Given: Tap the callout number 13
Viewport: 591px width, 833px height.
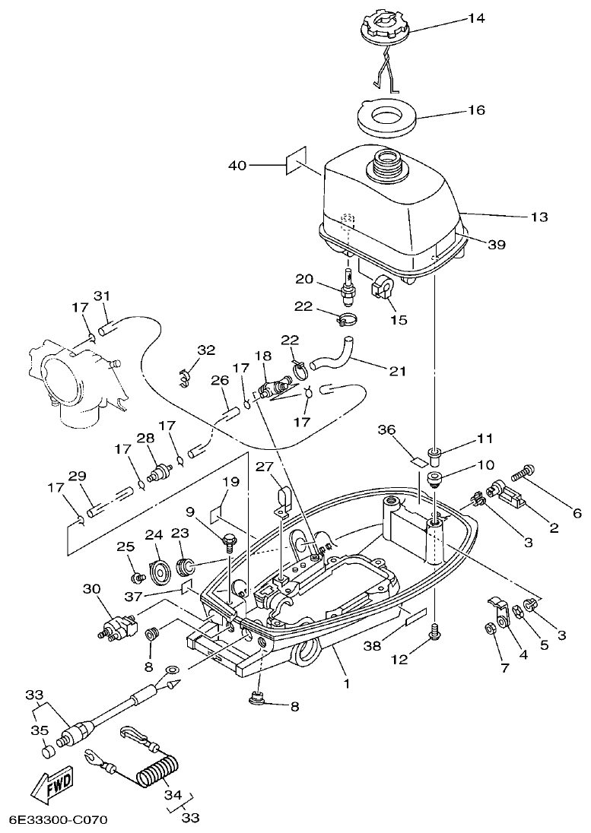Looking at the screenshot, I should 539,217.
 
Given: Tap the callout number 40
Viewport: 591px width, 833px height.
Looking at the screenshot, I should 237,165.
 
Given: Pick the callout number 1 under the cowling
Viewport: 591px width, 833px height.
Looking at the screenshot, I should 347,683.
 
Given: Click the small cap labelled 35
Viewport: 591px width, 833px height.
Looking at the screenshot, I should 48,751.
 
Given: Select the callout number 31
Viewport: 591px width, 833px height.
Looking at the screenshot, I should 103,296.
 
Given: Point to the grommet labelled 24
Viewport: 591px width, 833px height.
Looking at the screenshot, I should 160,569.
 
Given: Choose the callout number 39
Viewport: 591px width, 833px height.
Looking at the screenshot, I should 497,245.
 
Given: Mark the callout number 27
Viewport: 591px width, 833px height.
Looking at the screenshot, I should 264,466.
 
